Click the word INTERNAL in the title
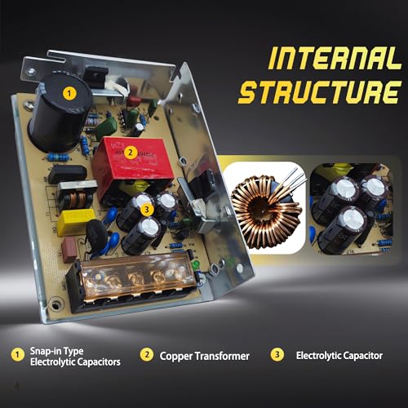[x=335, y=58]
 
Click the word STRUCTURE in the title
[x=319, y=92]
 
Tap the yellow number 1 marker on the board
[x=69, y=93]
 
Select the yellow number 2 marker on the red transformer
[x=131, y=153]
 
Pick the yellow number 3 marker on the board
[x=147, y=210]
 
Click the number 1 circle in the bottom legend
[x=18, y=355]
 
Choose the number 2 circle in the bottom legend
[x=147, y=355]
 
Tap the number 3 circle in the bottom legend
[x=277, y=355]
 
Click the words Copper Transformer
[x=204, y=356]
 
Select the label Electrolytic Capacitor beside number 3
[x=339, y=356]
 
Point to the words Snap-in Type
[x=56, y=351]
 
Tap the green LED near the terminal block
[x=195, y=264]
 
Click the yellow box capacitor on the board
[x=76, y=223]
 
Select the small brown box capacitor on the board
[x=69, y=250]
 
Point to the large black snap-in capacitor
[x=60, y=112]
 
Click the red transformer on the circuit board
[x=132, y=167]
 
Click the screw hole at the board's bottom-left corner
[x=55, y=306]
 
